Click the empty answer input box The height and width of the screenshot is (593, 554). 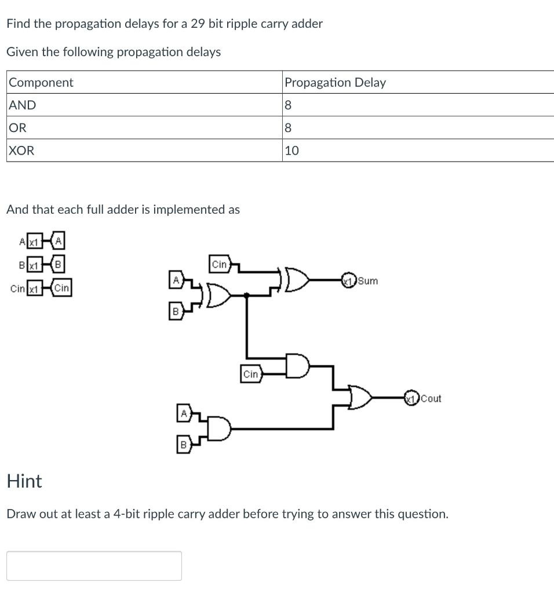(x=94, y=565)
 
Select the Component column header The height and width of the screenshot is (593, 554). (x=41, y=82)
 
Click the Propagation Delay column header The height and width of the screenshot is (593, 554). (x=335, y=82)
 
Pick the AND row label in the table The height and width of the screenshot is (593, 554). (x=23, y=105)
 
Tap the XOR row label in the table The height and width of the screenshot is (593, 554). (x=22, y=151)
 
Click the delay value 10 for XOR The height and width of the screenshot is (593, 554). (x=292, y=151)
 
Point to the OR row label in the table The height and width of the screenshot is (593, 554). (x=18, y=127)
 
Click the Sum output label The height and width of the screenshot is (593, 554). (x=368, y=281)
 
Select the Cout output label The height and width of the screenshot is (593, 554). (x=431, y=398)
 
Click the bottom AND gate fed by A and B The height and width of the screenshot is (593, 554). (x=220, y=429)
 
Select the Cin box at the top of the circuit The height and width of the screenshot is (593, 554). (x=220, y=265)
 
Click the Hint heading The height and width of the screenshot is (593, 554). (x=24, y=481)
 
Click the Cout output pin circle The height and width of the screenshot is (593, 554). (x=411, y=398)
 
